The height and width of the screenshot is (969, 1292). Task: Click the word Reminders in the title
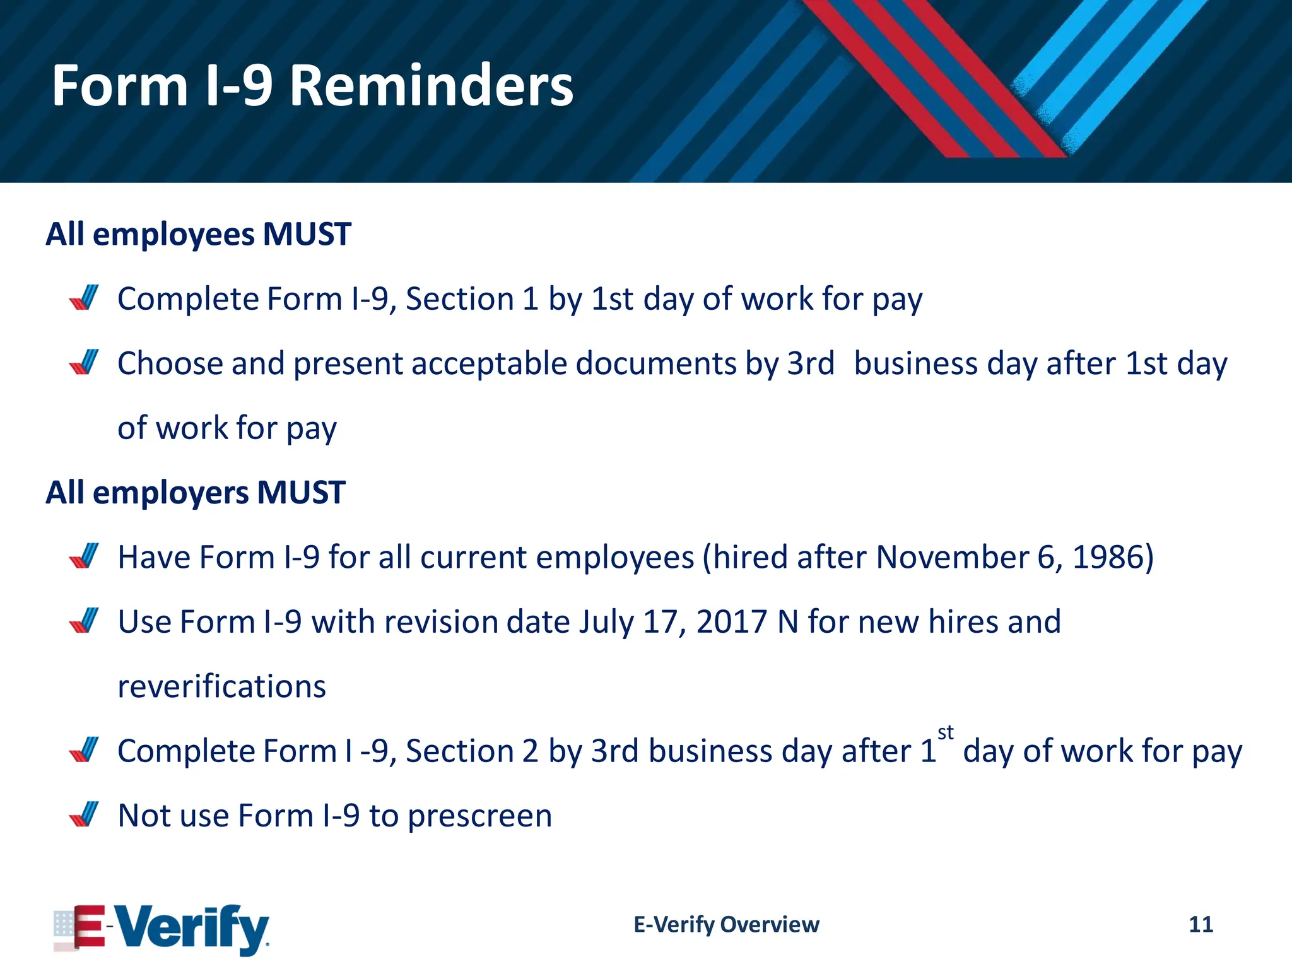pos(432,86)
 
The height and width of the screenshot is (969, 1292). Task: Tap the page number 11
pos(1201,924)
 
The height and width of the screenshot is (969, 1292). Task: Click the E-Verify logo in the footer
pos(161,928)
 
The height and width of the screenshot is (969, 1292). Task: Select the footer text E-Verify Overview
pos(726,924)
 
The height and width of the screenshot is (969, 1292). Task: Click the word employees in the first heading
pos(173,235)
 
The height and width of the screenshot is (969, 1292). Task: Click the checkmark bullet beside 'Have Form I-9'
pos(84,556)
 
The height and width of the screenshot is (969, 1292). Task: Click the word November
pos(952,557)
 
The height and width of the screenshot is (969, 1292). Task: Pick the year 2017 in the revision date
pos(731,622)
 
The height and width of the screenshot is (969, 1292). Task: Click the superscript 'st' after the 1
pos(945,733)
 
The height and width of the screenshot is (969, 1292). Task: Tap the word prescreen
pos(480,816)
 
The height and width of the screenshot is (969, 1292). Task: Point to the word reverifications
pos(222,686)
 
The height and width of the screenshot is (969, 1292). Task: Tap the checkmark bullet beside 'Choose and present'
pos(84,362)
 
